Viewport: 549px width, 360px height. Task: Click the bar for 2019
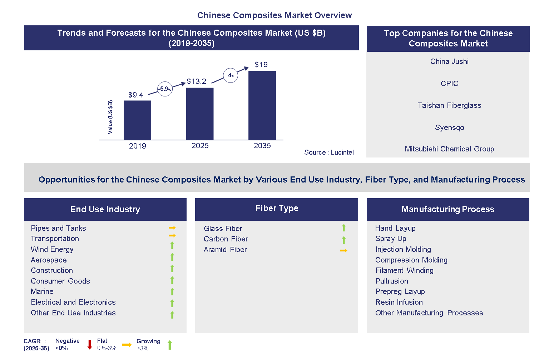137,120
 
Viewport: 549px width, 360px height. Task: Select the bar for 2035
262,105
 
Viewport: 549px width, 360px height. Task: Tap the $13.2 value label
196,81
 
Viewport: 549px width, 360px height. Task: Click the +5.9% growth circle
165,89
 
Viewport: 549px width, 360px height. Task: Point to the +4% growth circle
230,75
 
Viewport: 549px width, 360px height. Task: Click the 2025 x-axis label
200,146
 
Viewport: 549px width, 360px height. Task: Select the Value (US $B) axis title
110,117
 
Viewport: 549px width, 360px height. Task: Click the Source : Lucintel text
329,152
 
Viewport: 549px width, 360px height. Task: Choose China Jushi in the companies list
449,61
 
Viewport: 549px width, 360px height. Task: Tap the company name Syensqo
449,127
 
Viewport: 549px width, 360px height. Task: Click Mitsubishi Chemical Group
449,149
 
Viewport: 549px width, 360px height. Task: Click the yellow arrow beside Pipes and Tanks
172,227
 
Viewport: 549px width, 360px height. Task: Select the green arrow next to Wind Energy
172,245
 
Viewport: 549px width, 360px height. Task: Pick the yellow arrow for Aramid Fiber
343,251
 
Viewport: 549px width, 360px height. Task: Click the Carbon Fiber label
226,239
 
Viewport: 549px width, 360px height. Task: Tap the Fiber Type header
276,209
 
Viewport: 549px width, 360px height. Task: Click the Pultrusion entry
391,281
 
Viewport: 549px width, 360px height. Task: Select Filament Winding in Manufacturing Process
404,270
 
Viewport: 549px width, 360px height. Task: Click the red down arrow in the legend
90,345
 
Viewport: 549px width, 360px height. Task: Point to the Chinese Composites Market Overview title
274,15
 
